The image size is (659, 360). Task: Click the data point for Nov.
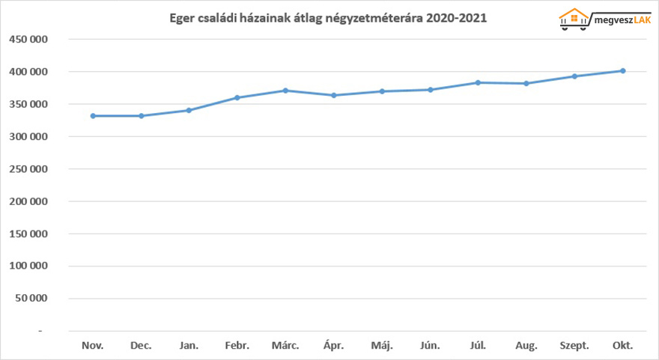click(93, 116)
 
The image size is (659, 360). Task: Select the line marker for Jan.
click(189, 110)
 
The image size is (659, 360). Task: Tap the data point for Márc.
click(285, 91)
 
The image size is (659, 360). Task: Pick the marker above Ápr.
click(334, 95)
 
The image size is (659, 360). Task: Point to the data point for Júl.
click(478, 82)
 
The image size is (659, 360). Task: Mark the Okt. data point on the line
click(622, 71)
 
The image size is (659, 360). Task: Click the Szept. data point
click(574, 76)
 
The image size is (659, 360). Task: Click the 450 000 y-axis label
click(28, 40)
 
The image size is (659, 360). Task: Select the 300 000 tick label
click(28, 137)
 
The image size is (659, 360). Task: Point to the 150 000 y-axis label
click(28, 234)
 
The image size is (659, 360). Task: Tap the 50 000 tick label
click(31, 299)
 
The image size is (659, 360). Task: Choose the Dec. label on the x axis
click(141, 346)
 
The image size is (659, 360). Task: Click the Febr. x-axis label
click(237, 346)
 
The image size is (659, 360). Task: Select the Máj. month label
click(381, 346)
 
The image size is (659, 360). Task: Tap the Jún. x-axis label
click(430, 346)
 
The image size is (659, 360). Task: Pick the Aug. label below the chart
click(526, 346)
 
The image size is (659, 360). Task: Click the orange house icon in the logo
click(574, 16)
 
